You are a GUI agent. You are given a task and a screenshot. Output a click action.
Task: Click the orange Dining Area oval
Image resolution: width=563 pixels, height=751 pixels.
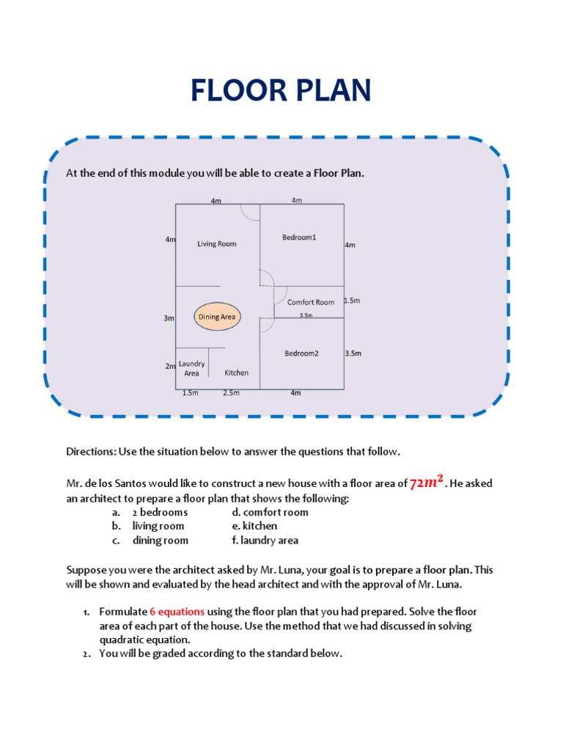pos(218,318)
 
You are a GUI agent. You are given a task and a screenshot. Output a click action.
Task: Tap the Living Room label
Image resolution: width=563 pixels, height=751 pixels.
pos(217,243)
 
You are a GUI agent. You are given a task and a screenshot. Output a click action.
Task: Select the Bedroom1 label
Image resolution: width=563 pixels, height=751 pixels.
pos(299,237)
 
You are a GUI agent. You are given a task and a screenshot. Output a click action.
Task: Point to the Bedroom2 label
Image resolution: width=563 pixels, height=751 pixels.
pos(302,353)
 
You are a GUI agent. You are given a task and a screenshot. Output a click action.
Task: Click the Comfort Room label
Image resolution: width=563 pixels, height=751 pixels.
pos(311,302)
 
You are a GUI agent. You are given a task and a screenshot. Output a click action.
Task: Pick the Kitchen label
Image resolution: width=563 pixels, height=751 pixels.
pos(236,373)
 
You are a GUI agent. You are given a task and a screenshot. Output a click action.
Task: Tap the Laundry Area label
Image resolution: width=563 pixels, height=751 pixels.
pos(191,368)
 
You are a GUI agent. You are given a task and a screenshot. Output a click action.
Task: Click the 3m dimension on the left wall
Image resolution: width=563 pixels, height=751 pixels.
pos(169,318)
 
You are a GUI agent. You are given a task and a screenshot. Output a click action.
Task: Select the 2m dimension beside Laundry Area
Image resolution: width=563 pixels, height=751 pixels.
pos(169,366)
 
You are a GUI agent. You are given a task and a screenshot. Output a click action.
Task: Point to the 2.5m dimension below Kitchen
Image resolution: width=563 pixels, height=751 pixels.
pos(231,393)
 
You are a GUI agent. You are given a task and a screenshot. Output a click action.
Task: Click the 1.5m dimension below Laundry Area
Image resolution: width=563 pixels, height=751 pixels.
pos(190,393)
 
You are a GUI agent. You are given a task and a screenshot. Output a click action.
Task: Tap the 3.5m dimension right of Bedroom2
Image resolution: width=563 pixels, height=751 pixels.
pos(353,353)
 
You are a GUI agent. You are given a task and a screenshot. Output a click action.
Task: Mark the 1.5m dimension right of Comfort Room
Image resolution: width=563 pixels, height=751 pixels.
pos(352,301)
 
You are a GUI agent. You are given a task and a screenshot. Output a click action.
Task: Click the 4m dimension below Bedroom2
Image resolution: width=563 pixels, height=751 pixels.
pos(295,393)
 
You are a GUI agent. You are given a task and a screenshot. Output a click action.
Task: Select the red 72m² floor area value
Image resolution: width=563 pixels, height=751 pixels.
pos(427,483)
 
